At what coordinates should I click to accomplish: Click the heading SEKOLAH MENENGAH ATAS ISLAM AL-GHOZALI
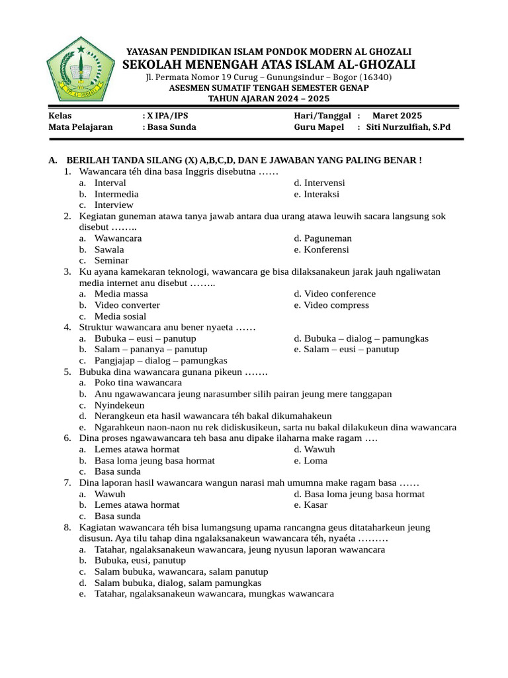click(269, 64)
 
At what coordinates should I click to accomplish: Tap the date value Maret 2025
click(396, 115)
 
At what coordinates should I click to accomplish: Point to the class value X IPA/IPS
click(163, 115)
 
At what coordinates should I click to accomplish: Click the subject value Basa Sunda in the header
click(171, 126)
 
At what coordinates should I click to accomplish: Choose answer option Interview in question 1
click(114, 205)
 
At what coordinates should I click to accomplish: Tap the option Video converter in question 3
click(127, 305)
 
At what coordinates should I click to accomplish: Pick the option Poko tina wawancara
click(138, 383)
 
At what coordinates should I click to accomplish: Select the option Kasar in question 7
click(316, 505)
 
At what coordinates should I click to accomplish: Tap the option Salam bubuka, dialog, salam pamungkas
click(178, 583)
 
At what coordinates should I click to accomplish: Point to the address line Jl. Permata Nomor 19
click(269, 77)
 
